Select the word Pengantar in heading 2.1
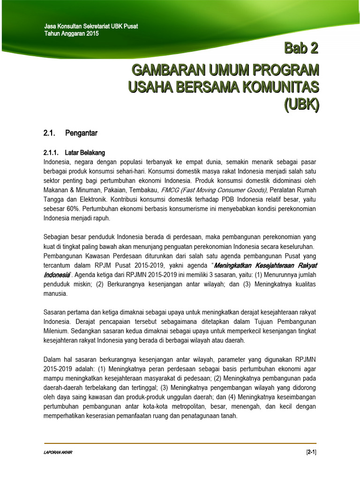coord(82,133)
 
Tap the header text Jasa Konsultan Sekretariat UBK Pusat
coord(90,26)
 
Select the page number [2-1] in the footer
coord(311,452)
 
